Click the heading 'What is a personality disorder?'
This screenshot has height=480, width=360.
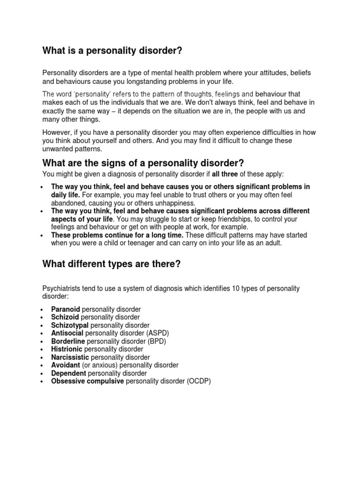(x=112, y=50)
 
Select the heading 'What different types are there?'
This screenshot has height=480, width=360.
(x=111, y=264)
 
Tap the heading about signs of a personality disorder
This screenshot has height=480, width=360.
(x=143, y=163)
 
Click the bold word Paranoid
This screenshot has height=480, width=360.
(x=66, y=309)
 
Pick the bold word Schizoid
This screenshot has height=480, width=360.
(x=65, y=317)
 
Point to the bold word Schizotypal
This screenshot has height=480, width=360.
(x=70, y=325)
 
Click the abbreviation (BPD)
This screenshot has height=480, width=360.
(x=157, y=341)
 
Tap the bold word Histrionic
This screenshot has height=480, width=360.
(x=67, y=349)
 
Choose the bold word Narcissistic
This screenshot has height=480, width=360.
(x=70, y=357)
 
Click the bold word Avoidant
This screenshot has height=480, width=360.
(x=65, y=365)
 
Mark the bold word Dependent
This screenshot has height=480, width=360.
(x=68, y=373)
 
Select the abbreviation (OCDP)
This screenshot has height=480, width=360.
(x=199, y=381)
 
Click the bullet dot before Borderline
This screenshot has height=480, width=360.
(x=42, y=342)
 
